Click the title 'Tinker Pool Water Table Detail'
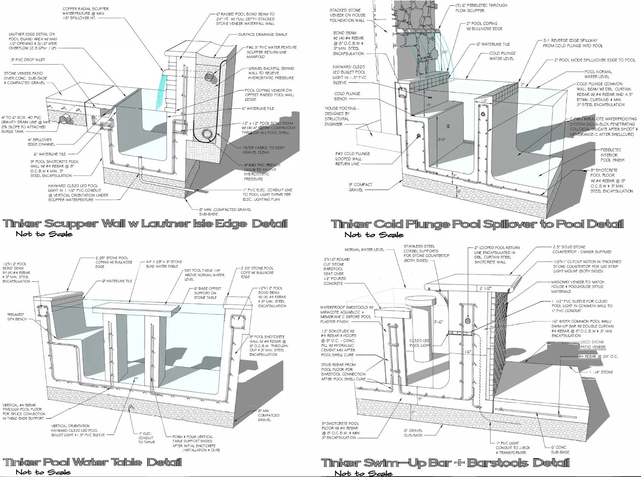[x=92, y=462]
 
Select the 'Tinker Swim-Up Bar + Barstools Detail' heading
[x=445, y=463]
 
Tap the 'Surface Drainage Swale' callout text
[x=262, y=34]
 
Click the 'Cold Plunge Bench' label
[x=347, y=96]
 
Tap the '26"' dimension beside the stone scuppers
[x=444, y=52]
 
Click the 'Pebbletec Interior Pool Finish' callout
[x=612, y=155]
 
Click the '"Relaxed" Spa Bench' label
[x=15, y=317]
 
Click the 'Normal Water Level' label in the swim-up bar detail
[x=364, y=249]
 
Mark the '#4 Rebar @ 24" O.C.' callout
[x=598, y=356]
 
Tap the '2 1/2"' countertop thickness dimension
[x=486, y=288]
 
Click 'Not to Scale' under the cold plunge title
[x=374, y=235]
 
